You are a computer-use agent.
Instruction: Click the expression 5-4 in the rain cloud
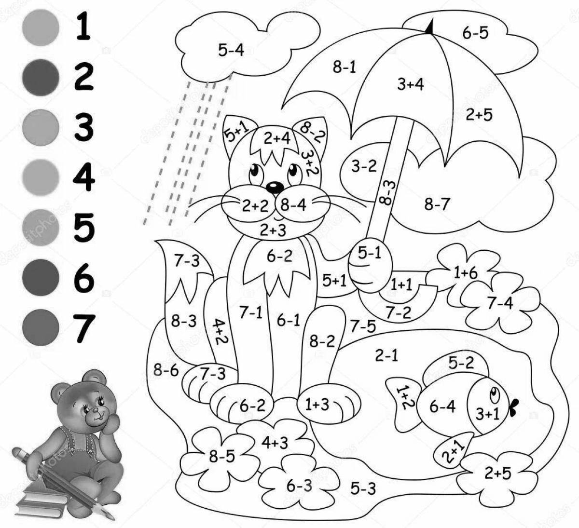pyautogui.click(x=231, y=50)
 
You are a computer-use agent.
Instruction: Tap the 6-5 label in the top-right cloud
pyautogui.click(x=475, y=33)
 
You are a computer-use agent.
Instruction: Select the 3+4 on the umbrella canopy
pyautogui.click(x=410, y=84)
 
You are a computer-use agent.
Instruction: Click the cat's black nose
pyautogui.click(x=274, y=186)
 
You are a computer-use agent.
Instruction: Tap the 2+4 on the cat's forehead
pyautogui.click(x=277, y=139)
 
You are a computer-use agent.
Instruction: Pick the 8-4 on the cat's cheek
pyautogui.click(x=293, y=205)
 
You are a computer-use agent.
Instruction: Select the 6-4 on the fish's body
pyautogui.click(x=442, y=407)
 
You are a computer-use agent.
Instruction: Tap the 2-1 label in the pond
pyautogui.click(x=386, y=356)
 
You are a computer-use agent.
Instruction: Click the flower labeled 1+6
pyautogui.click(x=465, y=272)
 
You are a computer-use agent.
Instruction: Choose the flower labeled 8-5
pyautogui.click(x=221, y=456)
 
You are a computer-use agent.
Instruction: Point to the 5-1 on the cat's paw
pyautogui.click(x=370, y=253)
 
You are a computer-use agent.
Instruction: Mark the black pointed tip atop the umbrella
pyautogui.click(x=429, y=27)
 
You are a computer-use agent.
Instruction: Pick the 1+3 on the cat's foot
pyautogui.click(x=317, y=405)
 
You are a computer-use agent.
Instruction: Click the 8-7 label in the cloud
pyautogui.click(x=437, y=205)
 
